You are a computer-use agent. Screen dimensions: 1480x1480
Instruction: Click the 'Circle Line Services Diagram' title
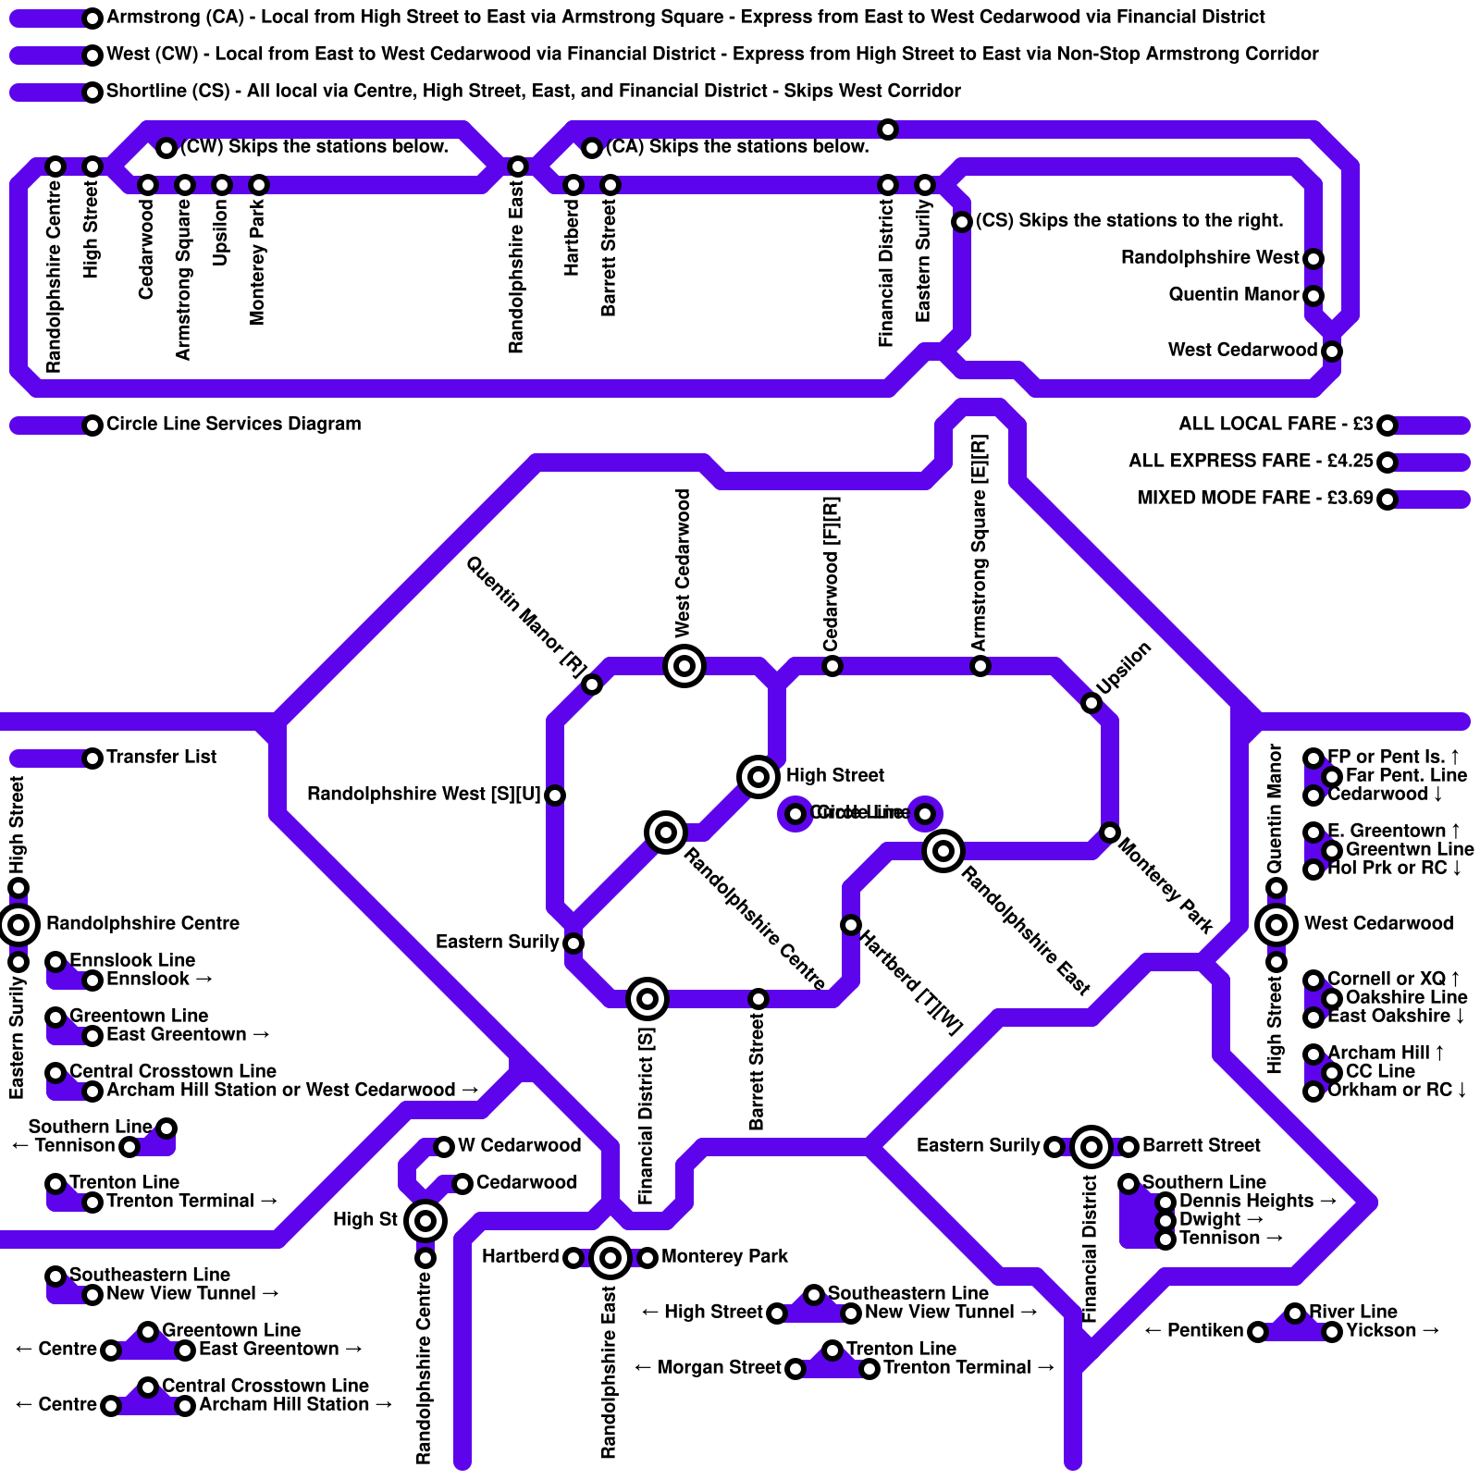233,425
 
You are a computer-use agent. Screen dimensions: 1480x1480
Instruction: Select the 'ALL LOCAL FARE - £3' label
1276,425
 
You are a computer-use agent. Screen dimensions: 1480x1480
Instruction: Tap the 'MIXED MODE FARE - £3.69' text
1255,499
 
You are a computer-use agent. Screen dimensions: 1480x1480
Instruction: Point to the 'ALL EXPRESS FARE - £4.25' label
1251,462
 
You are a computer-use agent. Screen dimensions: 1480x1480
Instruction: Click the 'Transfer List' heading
161,758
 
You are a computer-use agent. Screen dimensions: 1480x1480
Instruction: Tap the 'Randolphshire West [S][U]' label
424,795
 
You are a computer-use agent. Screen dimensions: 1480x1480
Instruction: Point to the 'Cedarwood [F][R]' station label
832,573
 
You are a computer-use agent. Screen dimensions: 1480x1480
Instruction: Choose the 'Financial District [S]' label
647,1116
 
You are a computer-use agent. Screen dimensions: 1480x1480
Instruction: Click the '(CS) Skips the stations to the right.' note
1129,221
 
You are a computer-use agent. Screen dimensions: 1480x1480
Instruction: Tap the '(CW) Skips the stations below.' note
314,147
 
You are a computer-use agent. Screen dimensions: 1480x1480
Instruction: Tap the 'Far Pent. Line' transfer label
1406,776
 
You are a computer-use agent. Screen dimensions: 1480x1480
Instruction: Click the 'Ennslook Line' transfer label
132,961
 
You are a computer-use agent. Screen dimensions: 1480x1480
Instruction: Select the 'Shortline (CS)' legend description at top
533,92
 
